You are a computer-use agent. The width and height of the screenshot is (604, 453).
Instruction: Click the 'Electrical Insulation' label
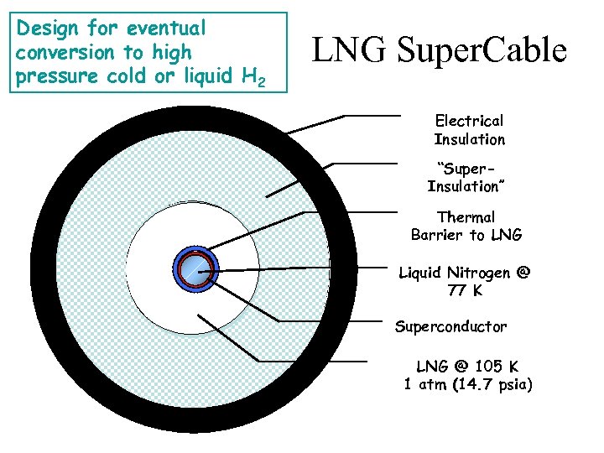pos(469,130)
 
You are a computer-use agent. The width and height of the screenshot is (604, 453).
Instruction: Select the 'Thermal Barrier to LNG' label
pos(466,226)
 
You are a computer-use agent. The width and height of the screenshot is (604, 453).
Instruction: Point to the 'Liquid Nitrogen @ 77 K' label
pos(464,282)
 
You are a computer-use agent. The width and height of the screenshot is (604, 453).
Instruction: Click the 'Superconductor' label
pos(450,325)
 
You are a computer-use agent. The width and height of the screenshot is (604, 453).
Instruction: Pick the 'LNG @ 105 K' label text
pos(467,367)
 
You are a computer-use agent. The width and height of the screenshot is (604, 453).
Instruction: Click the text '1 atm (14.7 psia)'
pos(467,385)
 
